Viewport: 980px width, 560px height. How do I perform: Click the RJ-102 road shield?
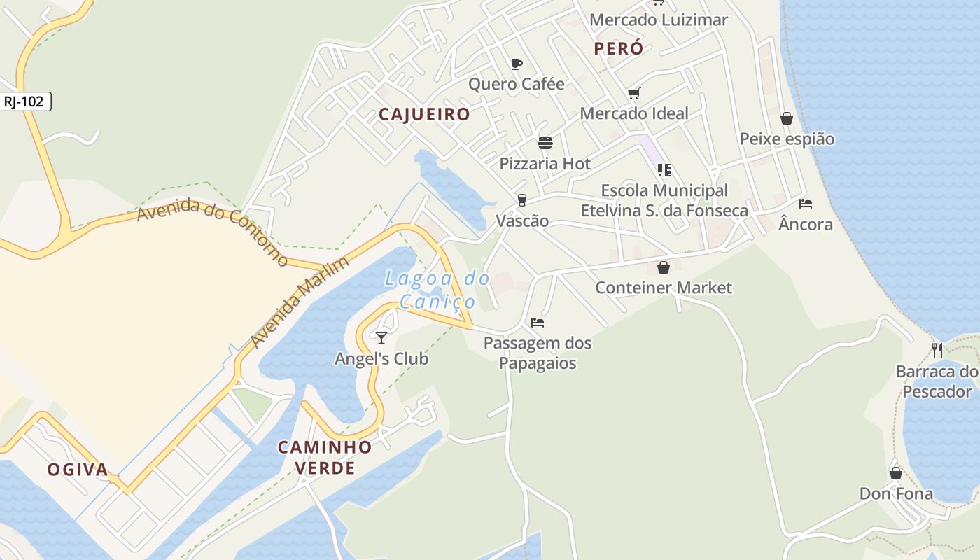[x=24, y=101]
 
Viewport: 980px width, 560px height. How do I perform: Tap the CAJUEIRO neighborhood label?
[x=424, y=114]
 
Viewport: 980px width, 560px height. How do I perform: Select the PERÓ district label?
[x=618, y=48]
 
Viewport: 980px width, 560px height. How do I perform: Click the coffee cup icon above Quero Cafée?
[x=517, y=64]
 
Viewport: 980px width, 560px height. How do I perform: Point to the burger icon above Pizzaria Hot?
[x=545, y=143]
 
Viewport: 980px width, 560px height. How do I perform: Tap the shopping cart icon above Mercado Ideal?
[x=634, y=93]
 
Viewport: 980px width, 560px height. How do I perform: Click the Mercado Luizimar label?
[x=658, y=20]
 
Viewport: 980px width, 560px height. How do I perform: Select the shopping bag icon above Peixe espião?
[x=787, y=118]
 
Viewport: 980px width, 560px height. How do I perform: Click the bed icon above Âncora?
[x=806, y=204]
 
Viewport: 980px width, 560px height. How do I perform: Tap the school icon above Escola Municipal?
[x=664, y=169]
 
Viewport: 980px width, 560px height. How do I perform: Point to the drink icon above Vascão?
[x=521, y=200]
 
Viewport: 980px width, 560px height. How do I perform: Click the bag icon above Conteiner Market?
[x=664, y=267]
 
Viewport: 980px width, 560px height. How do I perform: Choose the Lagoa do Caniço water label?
[x=437, y=290]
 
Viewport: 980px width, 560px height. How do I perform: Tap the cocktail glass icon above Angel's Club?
[x=381, y=338]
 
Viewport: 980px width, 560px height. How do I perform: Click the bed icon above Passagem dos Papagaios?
[x=538, y=323]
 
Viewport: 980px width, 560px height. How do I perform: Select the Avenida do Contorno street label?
[x=213, y=231]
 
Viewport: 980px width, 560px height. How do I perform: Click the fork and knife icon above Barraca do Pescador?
[x=937, y=351]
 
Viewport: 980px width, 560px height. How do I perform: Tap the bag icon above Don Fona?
[x=896, y=473]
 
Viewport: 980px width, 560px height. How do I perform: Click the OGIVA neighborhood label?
[x=78, y=470]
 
